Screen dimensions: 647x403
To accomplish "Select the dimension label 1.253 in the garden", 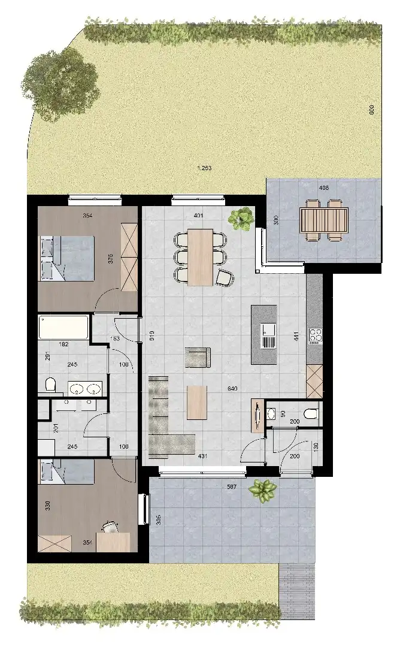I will [205, 168].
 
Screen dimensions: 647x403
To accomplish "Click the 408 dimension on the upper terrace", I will [323, 188].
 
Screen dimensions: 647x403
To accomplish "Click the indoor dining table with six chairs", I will [200, 256].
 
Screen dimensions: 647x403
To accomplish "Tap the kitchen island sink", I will [268, 336].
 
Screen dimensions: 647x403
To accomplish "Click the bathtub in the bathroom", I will [63, 328].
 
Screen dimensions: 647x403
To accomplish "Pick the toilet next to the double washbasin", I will [50, 383].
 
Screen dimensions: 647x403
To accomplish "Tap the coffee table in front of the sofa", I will [196, 402].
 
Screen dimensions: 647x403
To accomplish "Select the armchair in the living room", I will [198, 357].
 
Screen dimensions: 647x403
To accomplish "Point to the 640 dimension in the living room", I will [232, 389].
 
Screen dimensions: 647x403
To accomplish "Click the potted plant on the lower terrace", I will [262, 489].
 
